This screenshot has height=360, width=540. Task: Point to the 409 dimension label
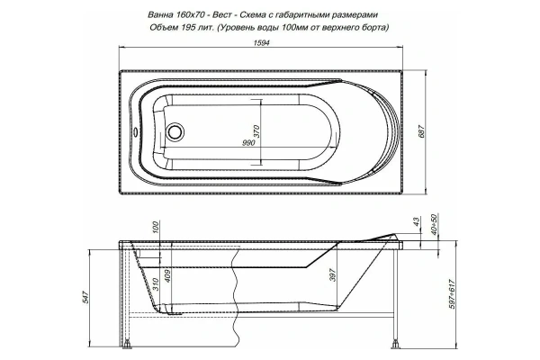click(171, 272)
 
